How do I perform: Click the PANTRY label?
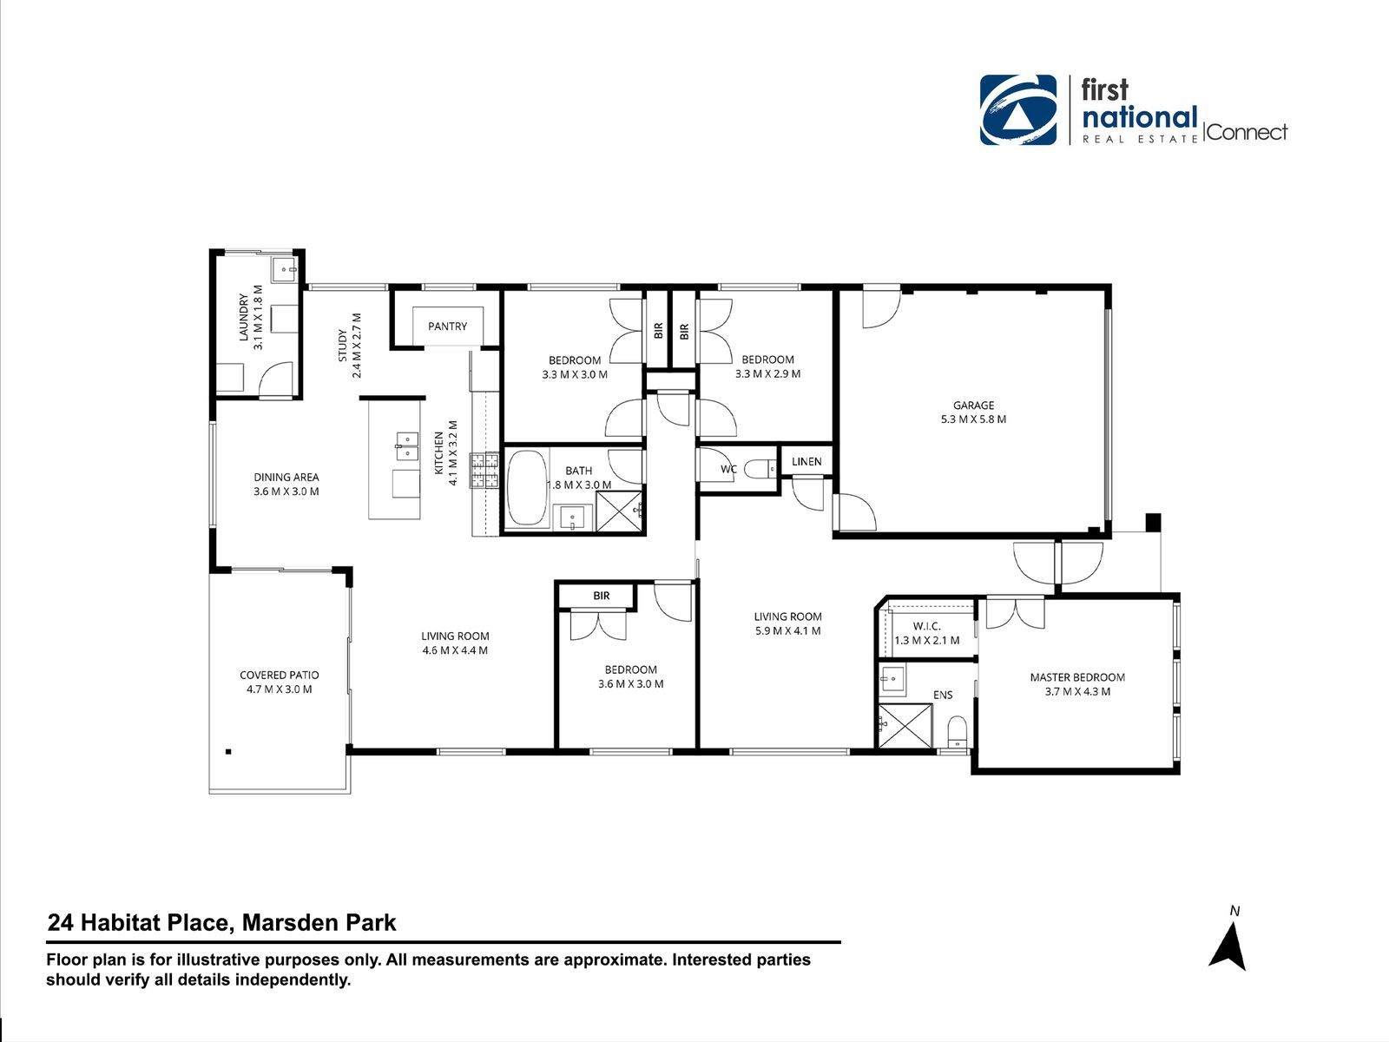point(447,326)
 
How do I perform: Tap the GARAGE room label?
point(973,405)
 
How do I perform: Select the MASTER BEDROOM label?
point(1077,677)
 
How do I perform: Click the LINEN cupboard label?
point(806,462)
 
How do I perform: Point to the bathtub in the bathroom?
point(527,487)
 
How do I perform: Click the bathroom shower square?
point(620,511)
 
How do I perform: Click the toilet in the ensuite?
point(956,731)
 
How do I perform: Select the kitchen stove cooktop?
point(484,471)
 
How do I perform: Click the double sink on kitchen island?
point(407,446)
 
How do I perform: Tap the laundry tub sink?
point(284,270)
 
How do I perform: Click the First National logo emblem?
point(1018,110)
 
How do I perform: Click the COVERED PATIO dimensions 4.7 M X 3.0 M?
point(279,689)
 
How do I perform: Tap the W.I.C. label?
point(926,626)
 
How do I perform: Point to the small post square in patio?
point(228,752)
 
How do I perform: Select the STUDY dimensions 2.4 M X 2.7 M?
point(357,346)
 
